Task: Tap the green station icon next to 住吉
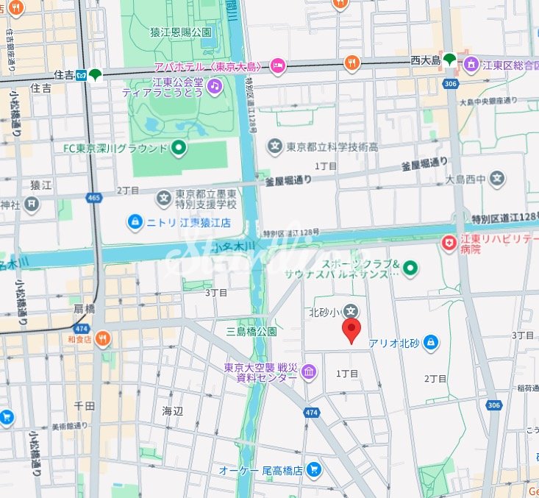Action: point(96,74)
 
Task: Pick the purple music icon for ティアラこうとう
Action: point(214,86)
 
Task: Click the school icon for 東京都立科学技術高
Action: point(275,147)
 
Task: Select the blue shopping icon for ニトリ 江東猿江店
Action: point(135,220)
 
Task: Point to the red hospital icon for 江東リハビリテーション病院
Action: point(448,241)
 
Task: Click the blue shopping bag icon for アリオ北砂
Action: point(431,341)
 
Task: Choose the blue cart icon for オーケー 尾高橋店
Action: point(314,469)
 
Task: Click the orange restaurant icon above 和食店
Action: point(102,339)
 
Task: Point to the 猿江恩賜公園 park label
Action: point(181,32)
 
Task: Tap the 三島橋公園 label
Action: point(251,331)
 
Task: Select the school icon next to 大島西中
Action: point(498,178)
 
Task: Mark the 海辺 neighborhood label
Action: point(172,411)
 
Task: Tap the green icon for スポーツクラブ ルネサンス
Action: point(410,268)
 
